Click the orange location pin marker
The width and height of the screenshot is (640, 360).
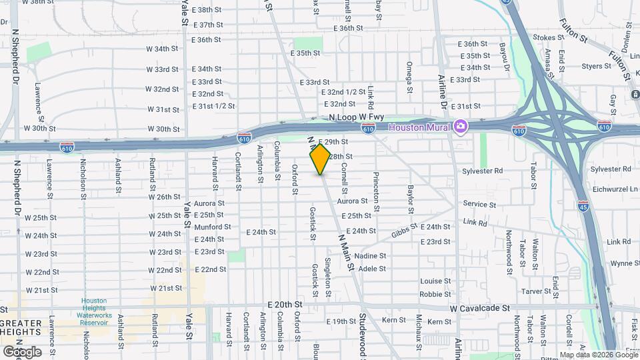pyautogui.click(x=320, y=159)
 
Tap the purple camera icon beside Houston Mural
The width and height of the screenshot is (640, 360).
pyautogui.click(x=461, y=126)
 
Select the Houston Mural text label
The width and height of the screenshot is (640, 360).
pyautogui.click(x=419, y=127)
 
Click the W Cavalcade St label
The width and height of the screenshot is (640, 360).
pyautogui.click(x=479, y=309)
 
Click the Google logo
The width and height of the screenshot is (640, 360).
pyautogui.click(x=22, y=351)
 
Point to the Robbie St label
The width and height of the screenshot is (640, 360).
pyautogui.click(x=435, y=294)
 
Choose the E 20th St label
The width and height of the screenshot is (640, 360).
pyautogui.click(x=285, y=304)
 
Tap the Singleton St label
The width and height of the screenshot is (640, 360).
pyautogui.click(x=327, y=277)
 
